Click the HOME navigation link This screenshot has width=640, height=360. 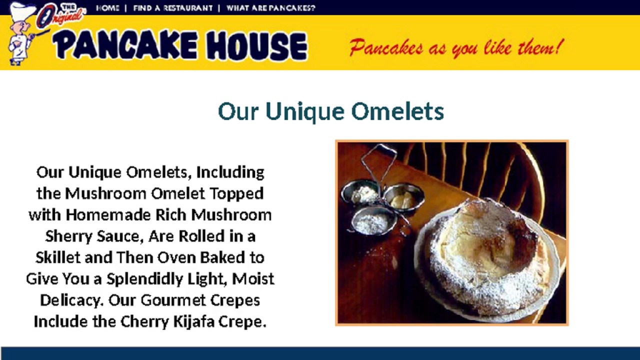click(107, 8)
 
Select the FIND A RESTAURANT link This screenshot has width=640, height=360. click(172, 8)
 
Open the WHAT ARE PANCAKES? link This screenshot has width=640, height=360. click(270, 8)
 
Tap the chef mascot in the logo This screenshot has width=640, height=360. click(20, 35)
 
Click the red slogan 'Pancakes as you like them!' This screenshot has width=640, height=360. click(456, 48)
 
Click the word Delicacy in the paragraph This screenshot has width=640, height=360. click(71, 300)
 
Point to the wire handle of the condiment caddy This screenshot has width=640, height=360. click(378, 160)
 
